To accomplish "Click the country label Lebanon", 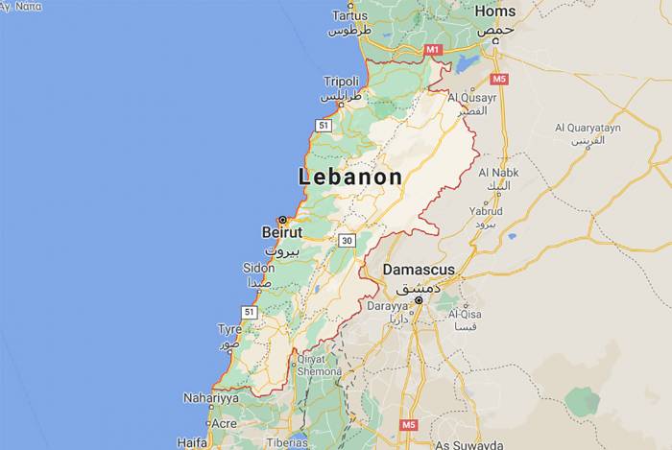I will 350,178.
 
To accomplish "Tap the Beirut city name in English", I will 281,232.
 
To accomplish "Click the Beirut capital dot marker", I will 282,220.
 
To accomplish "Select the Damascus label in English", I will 419,270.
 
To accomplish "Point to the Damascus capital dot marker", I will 419,300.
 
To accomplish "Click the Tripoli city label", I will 341,82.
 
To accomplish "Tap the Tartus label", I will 349,15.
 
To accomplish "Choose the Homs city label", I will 495,12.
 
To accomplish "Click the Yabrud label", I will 485,210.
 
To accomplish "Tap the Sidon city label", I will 258,268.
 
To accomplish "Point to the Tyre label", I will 229,329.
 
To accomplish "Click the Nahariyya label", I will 211,398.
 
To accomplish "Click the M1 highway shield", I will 432,48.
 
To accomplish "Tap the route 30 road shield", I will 347,240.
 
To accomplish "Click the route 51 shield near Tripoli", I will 324,126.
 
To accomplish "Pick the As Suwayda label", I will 469,445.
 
